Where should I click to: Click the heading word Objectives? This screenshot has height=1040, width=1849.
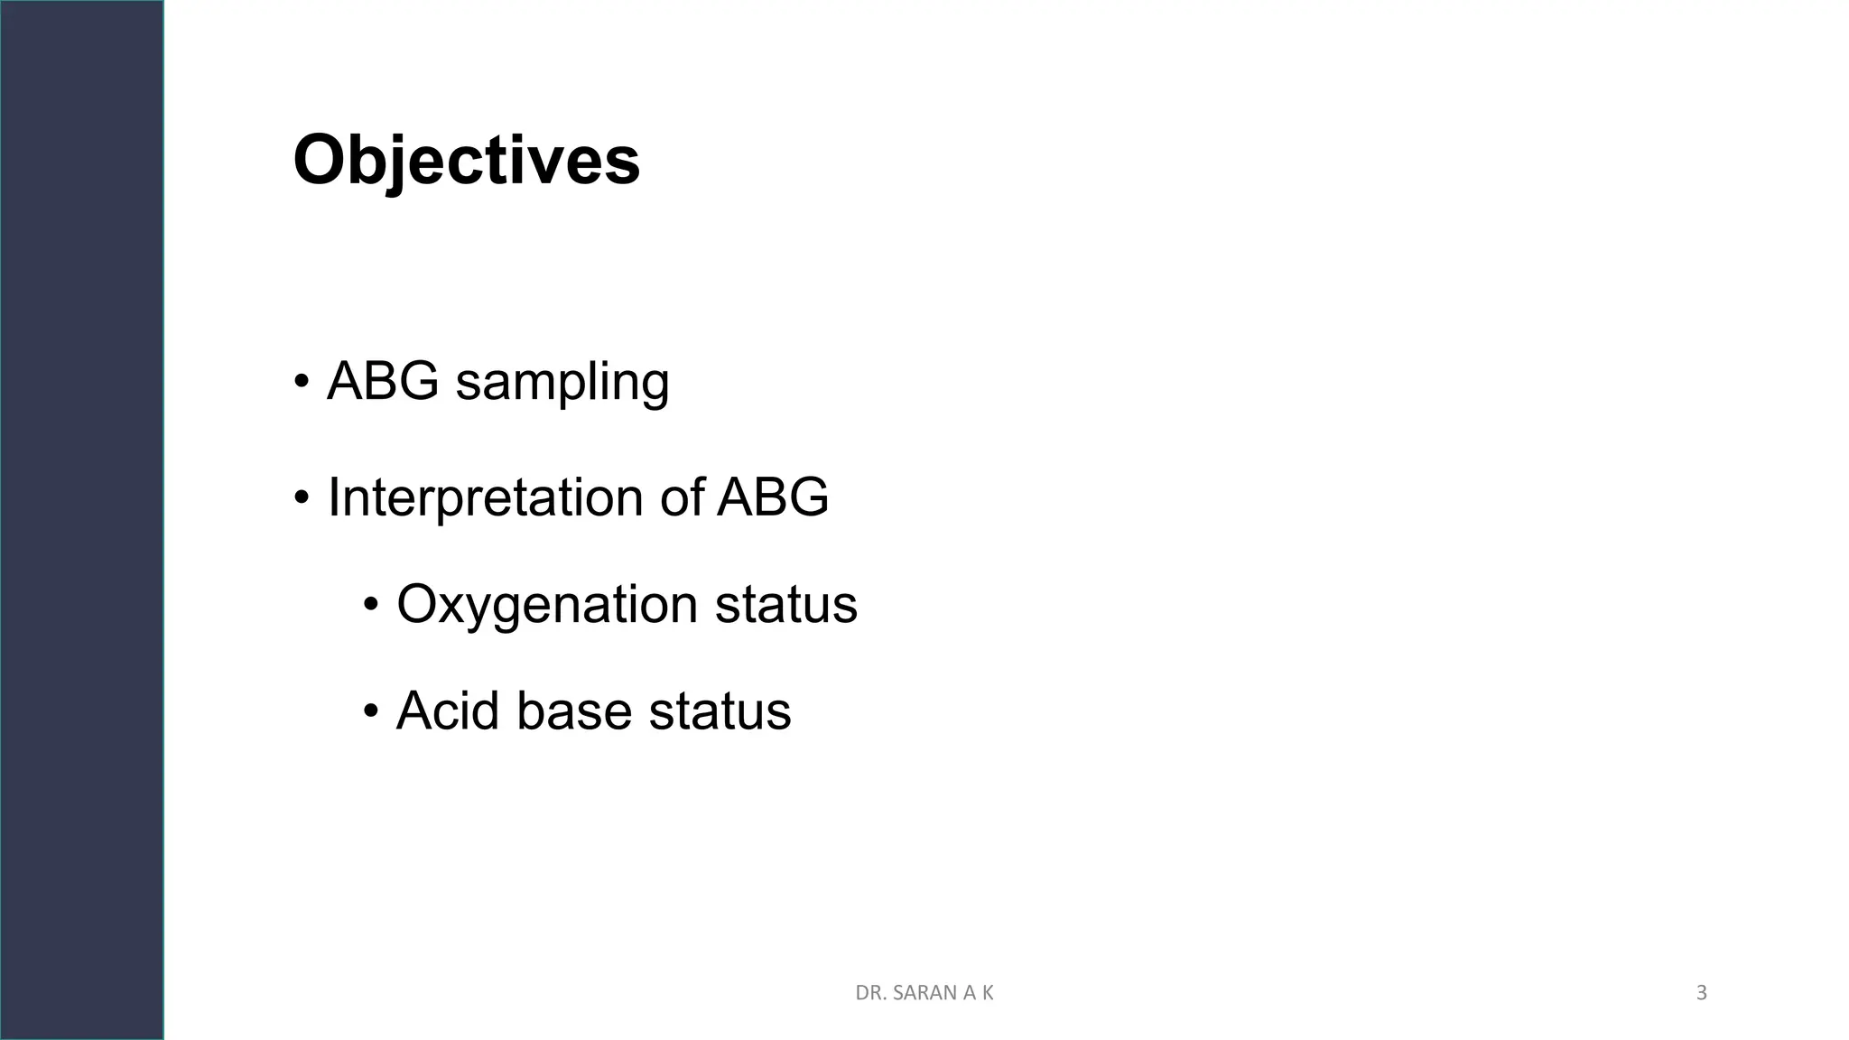pos(466,161)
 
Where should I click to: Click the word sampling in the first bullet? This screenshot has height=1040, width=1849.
pos(562,382)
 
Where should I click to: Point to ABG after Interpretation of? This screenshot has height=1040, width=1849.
pos(773,497)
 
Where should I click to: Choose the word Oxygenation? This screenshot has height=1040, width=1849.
pos(547,605)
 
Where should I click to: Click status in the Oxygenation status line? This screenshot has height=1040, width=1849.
pos(785,604)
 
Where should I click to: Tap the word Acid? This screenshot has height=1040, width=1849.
pos(447,710)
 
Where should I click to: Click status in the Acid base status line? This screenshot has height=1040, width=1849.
pos(720,710)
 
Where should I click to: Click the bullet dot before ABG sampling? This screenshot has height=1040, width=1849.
pos(302,381)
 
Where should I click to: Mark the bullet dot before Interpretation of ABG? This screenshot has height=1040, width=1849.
pos(302,497)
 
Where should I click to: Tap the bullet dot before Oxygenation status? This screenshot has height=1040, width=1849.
pos(371,605)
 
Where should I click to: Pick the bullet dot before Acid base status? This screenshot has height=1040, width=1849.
pos(371,711)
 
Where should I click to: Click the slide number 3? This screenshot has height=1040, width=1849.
pos(1701,993)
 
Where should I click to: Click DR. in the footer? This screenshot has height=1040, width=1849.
pos(869,993)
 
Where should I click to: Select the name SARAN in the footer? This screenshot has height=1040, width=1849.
pos(923,993)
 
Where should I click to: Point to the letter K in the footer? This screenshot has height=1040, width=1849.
pos(988,993)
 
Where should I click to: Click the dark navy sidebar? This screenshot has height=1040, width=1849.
pos(81,520)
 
